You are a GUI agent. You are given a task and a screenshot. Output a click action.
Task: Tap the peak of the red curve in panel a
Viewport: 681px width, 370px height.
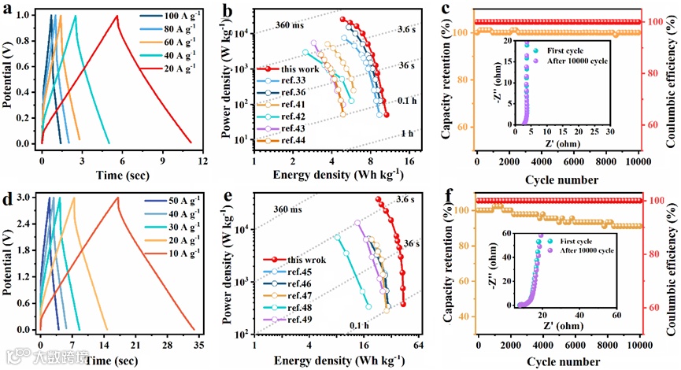tap(117, 16)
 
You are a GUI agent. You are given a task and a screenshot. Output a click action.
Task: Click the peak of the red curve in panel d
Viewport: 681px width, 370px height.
tap(118, 198)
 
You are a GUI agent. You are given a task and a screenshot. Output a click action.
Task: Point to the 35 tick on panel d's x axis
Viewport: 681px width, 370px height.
tap(197, 345)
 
